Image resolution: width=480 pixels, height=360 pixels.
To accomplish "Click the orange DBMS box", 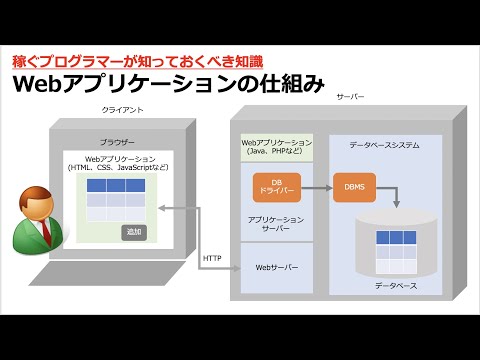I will (355, 187).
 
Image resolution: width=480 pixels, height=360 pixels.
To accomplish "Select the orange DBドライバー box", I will (265, 187).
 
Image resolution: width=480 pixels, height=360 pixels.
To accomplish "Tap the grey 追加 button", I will (134, 232).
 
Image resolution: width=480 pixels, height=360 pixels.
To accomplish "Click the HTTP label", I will (211, 256).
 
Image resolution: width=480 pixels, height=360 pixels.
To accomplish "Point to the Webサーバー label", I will (277, 268).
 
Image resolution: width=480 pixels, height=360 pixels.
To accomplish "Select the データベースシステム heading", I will (385, 146).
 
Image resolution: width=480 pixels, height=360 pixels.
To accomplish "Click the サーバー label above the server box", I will (351, 97).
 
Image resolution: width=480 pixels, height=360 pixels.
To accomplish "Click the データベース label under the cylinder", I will (396, 286).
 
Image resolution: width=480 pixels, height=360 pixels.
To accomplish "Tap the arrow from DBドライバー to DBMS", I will (311, 187).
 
